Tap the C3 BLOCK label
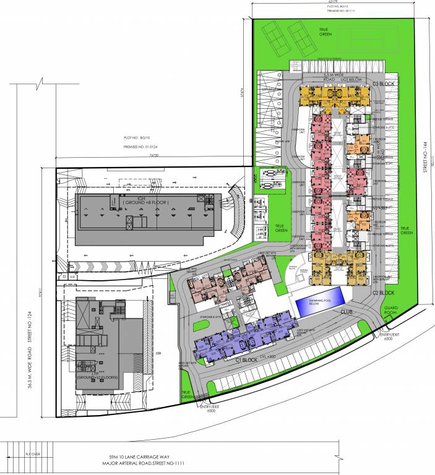[x=384, y=83]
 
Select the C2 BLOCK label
[x=384, y=292]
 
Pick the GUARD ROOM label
[x=394, y=311]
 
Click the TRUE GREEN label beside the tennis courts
[x=323, y=32]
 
